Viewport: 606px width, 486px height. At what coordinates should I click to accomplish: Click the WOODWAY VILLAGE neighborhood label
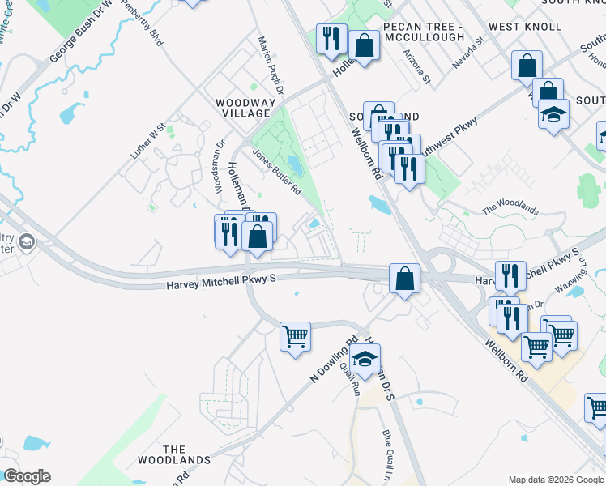(x=242, y=109)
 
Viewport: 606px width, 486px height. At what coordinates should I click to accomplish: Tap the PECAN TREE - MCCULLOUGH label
(x=423, y=32)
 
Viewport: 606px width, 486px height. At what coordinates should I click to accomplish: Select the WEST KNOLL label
(x=525, y=27)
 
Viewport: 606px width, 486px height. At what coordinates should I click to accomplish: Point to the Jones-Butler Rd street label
(x=276, y=172)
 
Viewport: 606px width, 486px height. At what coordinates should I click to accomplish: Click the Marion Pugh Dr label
(x=270, y=64)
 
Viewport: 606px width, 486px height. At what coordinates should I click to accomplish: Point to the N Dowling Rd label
(x=334, y=361)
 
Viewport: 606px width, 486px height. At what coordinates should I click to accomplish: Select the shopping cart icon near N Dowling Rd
(x=296, y=335)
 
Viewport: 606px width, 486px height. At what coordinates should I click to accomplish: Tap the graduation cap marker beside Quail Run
(x=365, y=359)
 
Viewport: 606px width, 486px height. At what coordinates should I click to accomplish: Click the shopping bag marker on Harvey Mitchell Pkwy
(x=404, y=279)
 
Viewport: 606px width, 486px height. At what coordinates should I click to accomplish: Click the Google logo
(x=26, y=476)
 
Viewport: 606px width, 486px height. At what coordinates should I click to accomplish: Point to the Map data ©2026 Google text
(x=556, y=480)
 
